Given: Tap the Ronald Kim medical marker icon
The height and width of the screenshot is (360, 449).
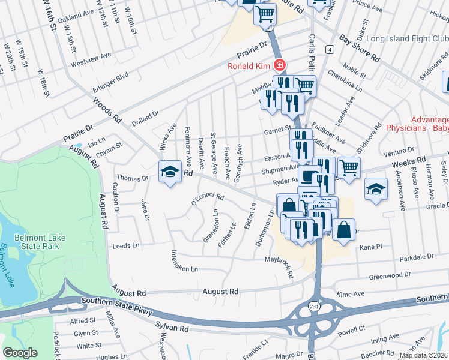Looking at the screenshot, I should pos(279,65).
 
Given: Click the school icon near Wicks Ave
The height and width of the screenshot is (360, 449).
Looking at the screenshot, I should pos(170,172).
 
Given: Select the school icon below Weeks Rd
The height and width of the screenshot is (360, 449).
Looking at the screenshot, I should pos(375,190).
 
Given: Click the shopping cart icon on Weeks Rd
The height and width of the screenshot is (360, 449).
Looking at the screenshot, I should pos(349,167).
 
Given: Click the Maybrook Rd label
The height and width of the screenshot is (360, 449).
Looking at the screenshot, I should pos(280,267).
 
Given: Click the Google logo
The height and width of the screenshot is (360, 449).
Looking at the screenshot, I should pos(20,353).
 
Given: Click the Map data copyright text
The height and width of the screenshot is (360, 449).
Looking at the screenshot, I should pos(423,355).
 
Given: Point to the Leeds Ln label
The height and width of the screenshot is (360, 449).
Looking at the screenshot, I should pos(126,246).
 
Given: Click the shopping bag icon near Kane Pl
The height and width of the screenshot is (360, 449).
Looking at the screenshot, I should pos(343,231).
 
